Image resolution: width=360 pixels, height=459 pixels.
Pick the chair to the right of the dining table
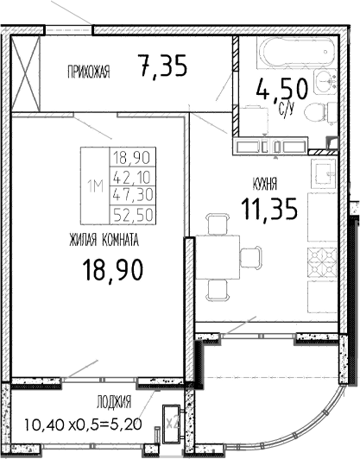tap(250, 256)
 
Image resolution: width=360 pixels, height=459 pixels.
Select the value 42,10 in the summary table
tap(126, 176)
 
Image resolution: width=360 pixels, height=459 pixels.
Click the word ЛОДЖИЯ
tap(114, 402)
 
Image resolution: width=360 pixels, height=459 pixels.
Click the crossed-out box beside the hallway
tap(26, 72)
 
